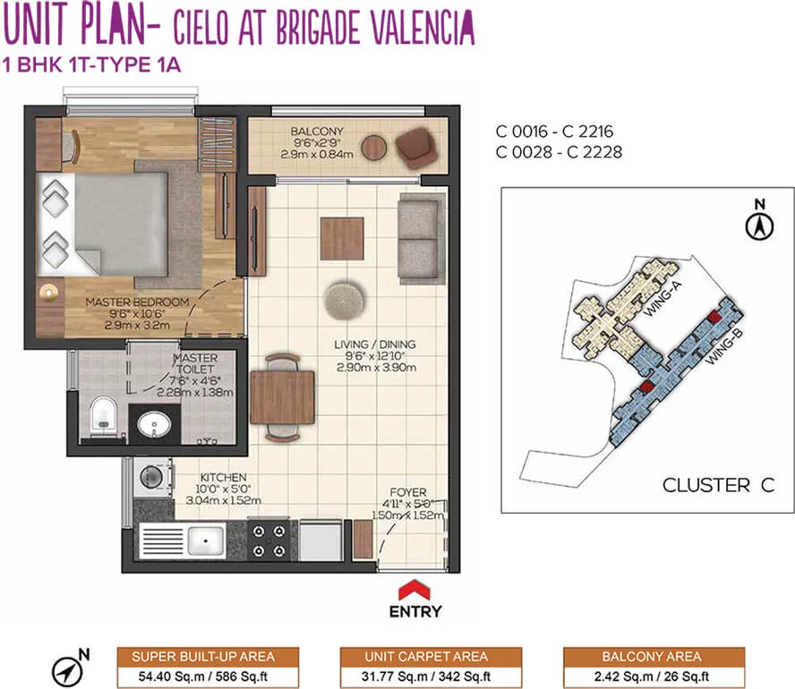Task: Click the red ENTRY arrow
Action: [415, 591]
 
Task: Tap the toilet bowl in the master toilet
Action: [103, 415]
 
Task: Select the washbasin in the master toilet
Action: [154, 424]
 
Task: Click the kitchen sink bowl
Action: [206, 540]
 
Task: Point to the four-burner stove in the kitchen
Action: [269, 540]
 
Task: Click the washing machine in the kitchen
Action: [152, 477]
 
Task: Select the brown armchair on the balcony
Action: [415, 148]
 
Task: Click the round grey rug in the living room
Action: [345, 300]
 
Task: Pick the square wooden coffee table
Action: [342, 239]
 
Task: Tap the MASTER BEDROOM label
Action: [137, 302]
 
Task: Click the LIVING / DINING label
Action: [375, 344]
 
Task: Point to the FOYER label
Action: [408, 492]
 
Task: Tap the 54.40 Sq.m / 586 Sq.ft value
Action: [203, 676]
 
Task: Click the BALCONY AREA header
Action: [652, 657]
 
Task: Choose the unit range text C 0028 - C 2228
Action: [559, 152]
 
